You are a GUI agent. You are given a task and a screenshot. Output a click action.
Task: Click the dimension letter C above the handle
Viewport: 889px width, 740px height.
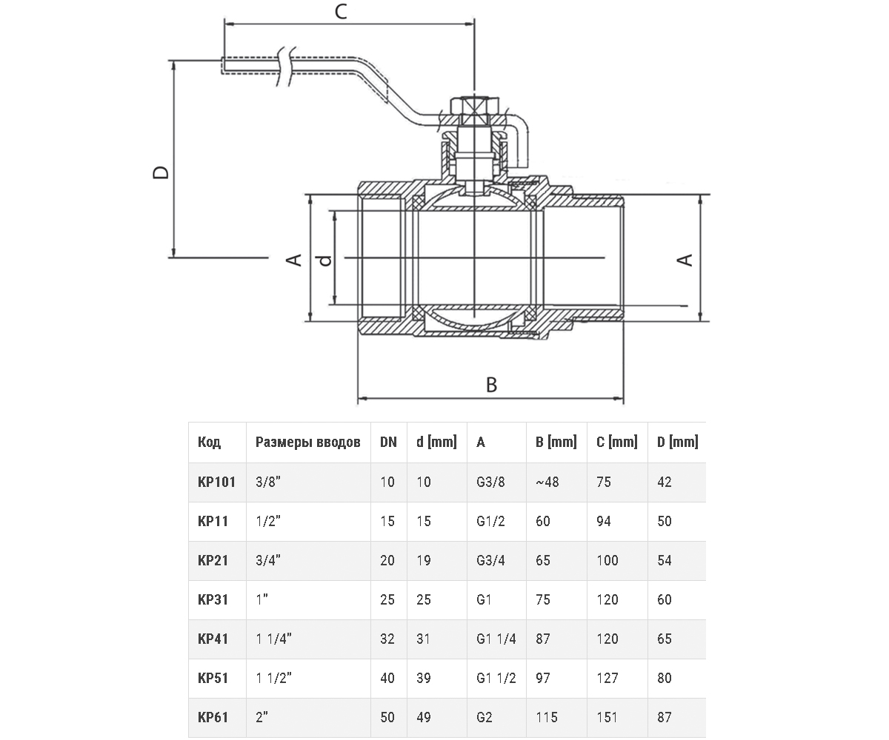pos(341,12)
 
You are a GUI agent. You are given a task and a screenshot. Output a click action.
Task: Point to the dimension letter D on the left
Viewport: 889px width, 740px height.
pos(161,172)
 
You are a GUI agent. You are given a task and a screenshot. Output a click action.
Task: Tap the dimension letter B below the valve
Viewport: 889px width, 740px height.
pos(491,385)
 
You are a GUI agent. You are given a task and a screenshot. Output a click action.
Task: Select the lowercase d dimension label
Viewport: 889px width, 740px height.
pos(325,260)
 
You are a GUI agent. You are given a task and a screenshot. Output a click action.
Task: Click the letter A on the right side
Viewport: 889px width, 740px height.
pos(685,260)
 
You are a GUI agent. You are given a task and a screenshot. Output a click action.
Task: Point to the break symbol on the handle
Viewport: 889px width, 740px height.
pos(284,66)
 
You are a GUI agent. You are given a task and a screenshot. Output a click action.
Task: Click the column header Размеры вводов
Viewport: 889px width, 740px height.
pos(307,443)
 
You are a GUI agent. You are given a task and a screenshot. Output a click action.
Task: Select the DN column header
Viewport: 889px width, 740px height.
pos(388,443)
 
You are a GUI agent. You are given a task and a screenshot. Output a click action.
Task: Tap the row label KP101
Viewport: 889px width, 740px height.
pos(216,482)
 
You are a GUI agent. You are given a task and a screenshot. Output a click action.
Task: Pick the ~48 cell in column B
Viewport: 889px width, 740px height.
pos(547,482)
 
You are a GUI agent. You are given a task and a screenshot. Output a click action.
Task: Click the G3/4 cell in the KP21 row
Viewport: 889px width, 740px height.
pos(490,560)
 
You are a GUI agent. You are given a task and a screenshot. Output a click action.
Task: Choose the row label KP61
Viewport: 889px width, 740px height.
pos(213,717)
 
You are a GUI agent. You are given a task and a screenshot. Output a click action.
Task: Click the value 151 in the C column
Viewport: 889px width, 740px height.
pos(607,717)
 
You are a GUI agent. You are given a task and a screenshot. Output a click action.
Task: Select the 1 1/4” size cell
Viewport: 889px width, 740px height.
pos(274,639)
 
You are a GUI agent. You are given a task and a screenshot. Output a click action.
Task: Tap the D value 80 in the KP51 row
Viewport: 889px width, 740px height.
pos(665,678)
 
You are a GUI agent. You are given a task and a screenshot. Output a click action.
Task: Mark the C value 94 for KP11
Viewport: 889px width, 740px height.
pos(604,521)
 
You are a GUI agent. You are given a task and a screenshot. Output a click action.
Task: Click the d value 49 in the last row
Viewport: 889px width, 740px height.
pos(424,717)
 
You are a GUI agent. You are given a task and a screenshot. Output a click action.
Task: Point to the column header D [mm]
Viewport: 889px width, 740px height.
pos(677,443)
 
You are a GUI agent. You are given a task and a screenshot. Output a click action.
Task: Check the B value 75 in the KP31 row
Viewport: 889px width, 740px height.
pos(543,599)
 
